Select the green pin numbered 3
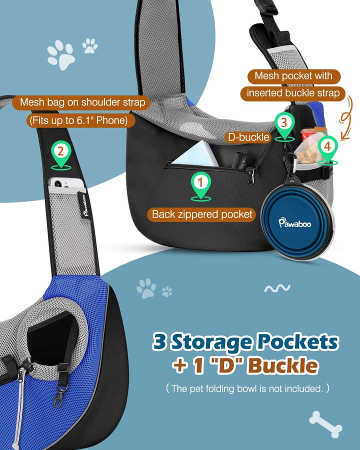tap(284, 125)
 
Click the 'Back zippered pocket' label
tap(202, 214)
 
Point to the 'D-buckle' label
tap(248, 137)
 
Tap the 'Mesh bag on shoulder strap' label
tap(82, 102)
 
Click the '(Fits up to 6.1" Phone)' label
tap(80, 120)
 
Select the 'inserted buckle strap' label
tap(293, 93)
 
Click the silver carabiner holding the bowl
tap(291, 164)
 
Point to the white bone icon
tap(325, 424)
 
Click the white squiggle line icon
tap(277, 288)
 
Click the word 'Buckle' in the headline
tap(283, 365)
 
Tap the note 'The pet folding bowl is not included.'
tap(247, 388)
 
